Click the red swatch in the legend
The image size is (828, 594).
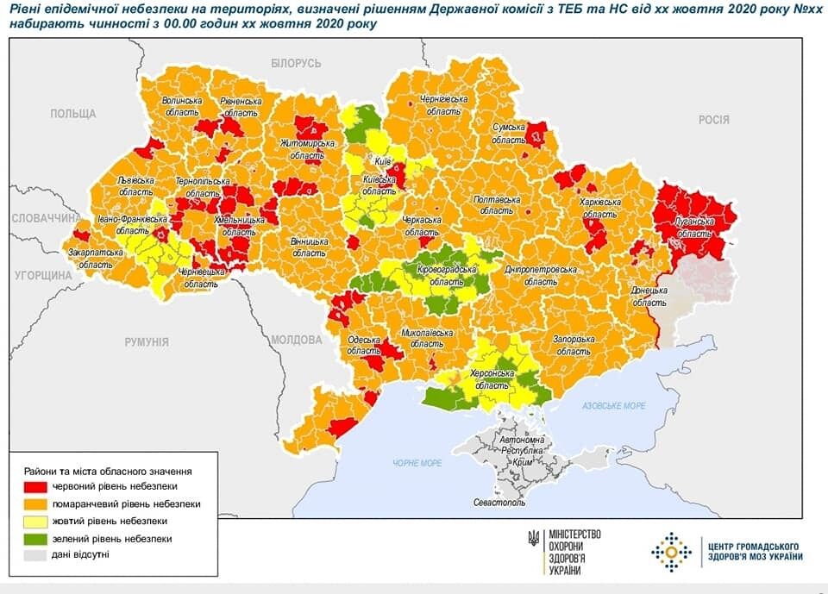(35, 488)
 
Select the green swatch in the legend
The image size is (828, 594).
(35, 538)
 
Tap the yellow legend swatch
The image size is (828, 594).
(35, 522)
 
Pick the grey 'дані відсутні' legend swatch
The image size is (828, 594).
(35, 554)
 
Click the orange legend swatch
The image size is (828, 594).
(35, 504)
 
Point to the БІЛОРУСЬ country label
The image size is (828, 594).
(295, 64)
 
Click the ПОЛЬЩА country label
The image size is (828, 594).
(73, 114)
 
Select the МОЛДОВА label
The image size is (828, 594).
(296, 340)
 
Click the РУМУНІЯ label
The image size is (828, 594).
(146, 342)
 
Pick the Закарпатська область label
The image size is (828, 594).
(94, 259)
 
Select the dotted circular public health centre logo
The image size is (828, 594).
(671, 552)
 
